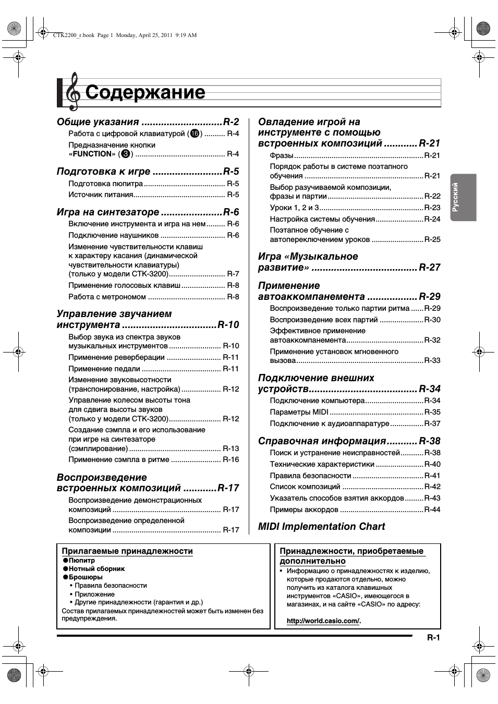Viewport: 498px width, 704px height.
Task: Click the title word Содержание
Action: tap(145, 92)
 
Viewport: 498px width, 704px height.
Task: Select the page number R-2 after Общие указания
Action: tap(231, 122)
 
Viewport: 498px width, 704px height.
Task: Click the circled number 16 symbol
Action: tap(195, 134)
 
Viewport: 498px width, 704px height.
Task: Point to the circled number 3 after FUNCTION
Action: tap(125, 154)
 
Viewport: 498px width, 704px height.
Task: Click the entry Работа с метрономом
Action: tap(107, 297)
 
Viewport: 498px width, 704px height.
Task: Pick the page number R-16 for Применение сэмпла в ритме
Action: tap(231, 459)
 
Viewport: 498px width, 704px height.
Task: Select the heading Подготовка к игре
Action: tap(103, 172)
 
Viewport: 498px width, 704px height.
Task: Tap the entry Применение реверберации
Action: tap(116, 357)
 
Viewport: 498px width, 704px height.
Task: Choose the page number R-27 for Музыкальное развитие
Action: tap(430, 268)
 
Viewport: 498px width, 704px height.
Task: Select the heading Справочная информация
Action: tap(322, 441)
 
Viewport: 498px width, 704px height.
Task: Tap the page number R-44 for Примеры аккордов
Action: tap(432, 509)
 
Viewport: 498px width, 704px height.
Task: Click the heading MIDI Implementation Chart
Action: tap(321, 527)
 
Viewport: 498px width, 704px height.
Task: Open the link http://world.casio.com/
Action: tap(323, 621)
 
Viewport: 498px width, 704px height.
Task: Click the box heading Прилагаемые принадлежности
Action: tap(127, 551)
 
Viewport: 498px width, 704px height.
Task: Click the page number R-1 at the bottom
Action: tap(434, 638)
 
